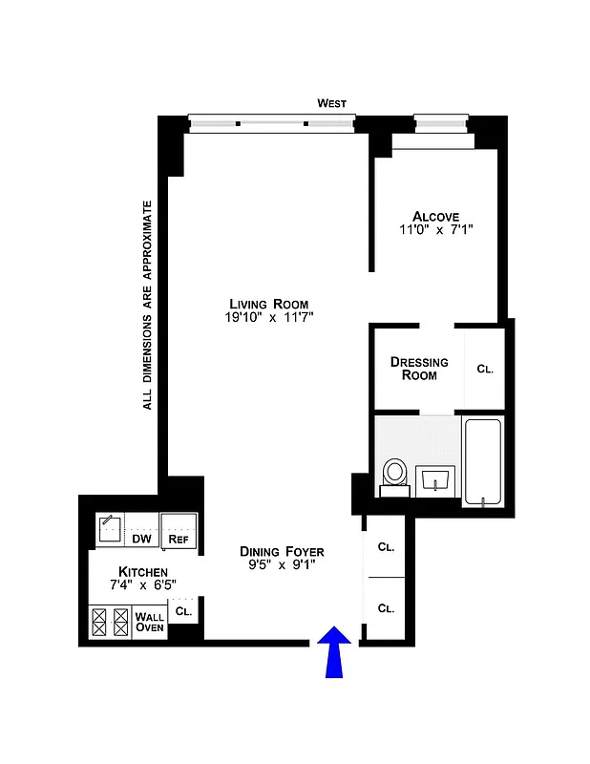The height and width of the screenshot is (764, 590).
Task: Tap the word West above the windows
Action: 332,103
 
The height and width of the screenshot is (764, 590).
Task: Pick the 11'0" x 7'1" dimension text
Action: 436,230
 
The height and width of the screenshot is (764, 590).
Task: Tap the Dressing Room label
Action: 419,369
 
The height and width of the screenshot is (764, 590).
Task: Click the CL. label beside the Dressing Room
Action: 484,370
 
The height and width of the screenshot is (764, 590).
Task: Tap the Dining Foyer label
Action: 282,552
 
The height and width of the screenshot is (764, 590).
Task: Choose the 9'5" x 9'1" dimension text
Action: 282,566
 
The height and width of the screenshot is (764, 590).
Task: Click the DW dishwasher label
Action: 142,539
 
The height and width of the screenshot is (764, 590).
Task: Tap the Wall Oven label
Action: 150,622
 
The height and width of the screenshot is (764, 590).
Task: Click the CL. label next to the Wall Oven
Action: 183,610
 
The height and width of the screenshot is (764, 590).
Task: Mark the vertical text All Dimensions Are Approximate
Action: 148,305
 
